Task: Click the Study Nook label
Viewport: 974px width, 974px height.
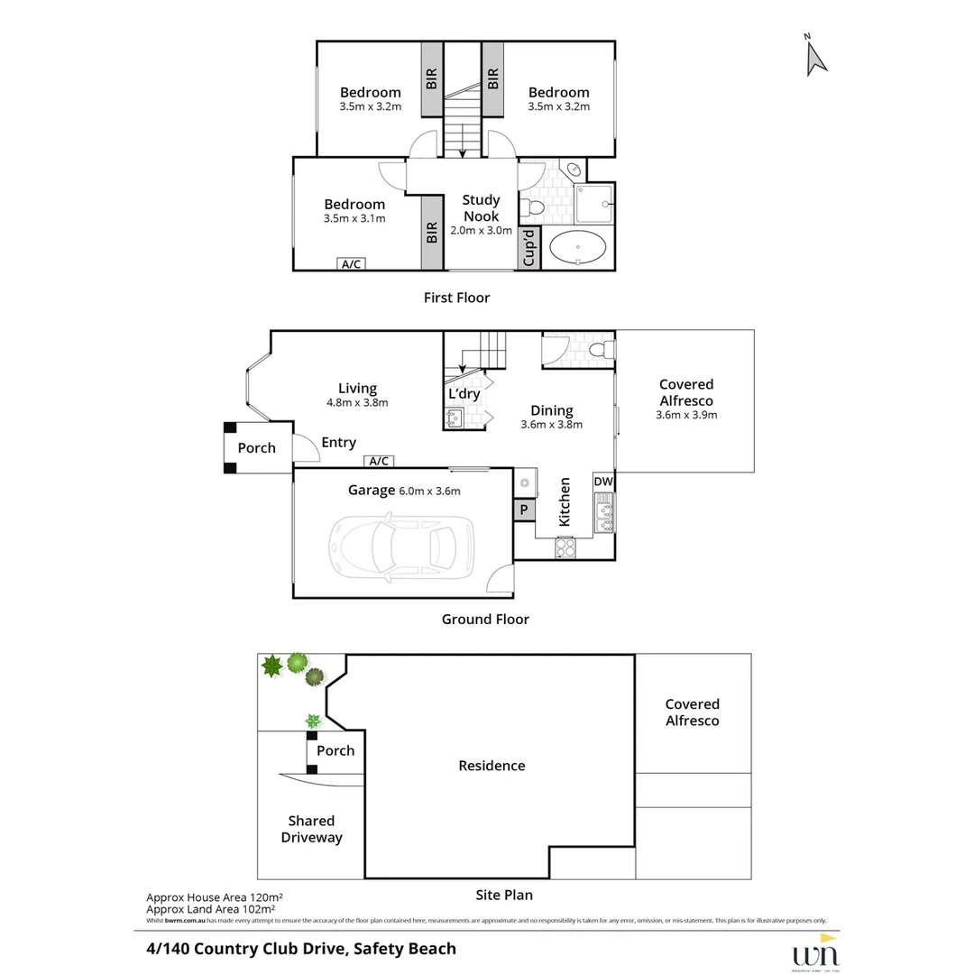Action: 481,208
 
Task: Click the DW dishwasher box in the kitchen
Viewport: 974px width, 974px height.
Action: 603,482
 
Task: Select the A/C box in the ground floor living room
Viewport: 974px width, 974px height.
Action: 379,462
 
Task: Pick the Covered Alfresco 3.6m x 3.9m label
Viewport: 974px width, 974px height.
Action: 686,400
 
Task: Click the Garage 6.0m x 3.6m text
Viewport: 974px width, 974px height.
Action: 404,491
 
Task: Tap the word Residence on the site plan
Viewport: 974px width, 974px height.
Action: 492,766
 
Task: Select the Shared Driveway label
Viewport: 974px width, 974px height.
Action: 311,829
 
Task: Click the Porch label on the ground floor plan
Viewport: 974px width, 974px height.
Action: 256,448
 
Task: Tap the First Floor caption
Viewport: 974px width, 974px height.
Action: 456,298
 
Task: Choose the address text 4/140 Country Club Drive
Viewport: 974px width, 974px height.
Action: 301,949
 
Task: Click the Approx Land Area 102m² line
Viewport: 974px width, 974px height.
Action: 210,910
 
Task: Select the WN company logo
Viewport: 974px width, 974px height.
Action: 814,954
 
